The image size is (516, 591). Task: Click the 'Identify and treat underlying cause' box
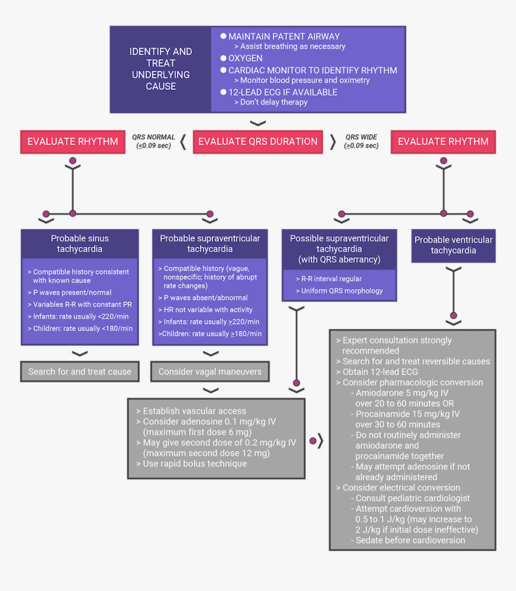click(x=160, y=69)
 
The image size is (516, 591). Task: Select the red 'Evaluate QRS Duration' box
click(x=257, y=142)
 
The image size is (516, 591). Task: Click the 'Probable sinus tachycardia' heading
click(x=80, y=243)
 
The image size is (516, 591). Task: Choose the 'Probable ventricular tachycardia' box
click(x=453, y=245)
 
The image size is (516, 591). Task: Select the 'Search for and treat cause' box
click(x=80, y=372)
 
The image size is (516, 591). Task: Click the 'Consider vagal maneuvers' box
click(x=210, y=372)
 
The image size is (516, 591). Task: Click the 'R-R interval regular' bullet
click(x=328, y=279)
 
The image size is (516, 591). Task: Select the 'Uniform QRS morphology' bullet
click(x=338, y=291)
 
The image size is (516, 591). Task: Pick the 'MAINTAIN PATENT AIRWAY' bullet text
click(x=284, y=37)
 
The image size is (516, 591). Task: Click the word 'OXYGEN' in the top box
click(x=245, y=58)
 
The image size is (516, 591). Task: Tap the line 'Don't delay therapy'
click(x=274, y=102)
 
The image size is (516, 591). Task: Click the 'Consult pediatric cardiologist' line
click(x=413, y=498)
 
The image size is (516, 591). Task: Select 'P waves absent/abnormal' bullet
click(x=206, y=298)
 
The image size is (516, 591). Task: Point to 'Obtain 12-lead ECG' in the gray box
click(x=380, y=372)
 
